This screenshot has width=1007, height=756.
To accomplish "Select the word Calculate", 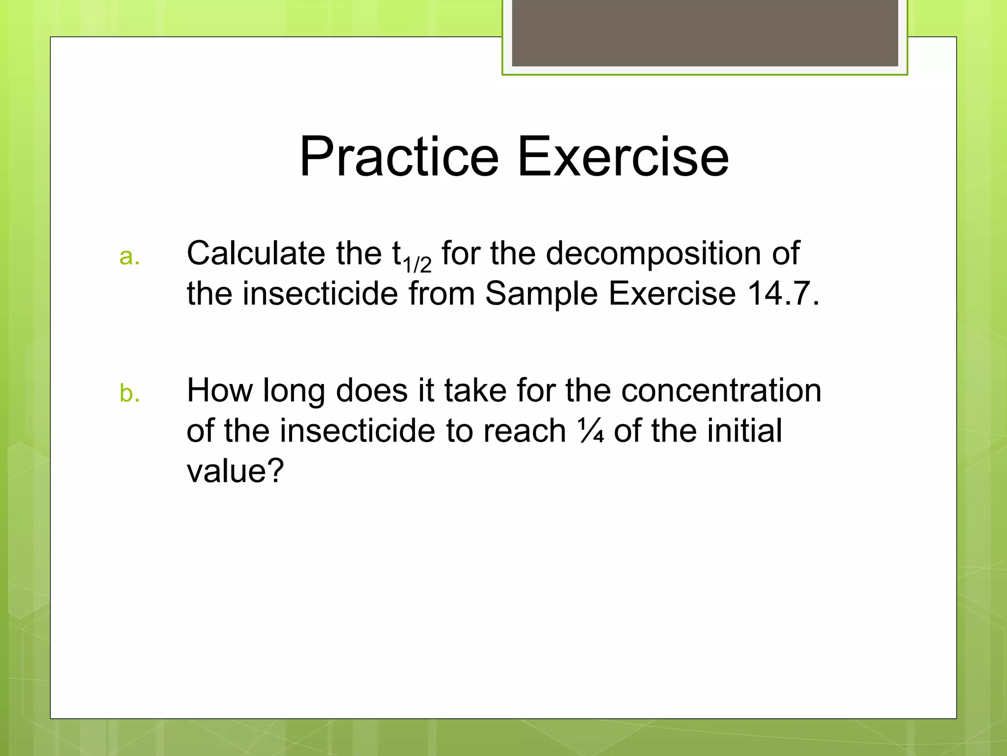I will [x=256, y=253].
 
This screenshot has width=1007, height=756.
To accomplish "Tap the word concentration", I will [x=721, y=391].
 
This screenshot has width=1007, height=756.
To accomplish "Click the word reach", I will [x=525, y=431].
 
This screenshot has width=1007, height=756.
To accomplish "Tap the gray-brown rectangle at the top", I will [x=705, y=32].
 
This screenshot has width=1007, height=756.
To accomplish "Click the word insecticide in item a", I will [x=320, y=294].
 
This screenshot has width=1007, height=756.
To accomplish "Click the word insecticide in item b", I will [x=357, y=431].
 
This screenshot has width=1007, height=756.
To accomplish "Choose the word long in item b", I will [x=294, y=391].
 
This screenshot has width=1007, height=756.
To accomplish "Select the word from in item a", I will [x=442, y=294].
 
